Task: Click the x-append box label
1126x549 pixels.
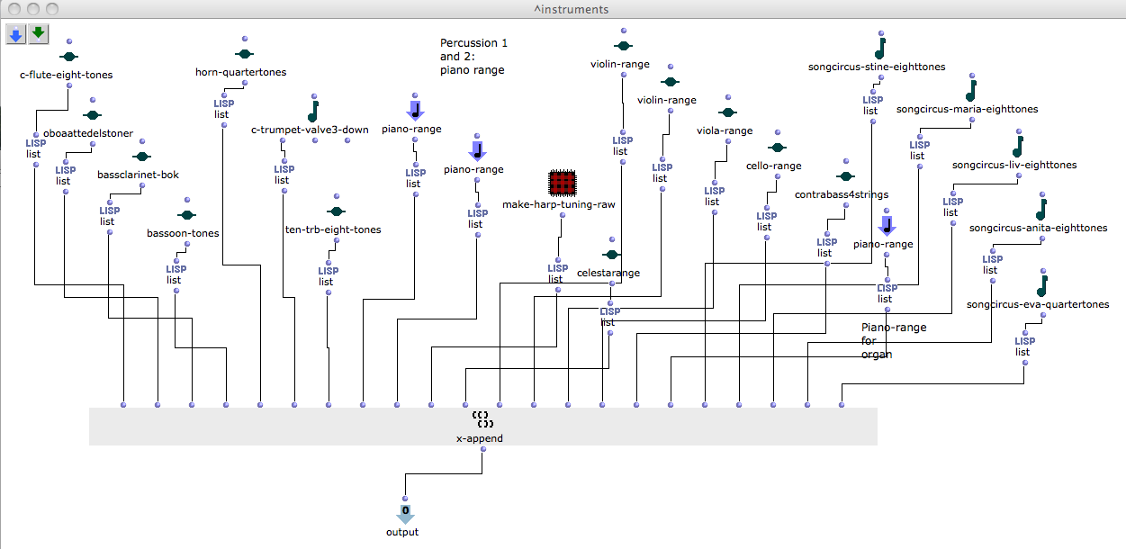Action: pyautogui.click(x=479, y=438)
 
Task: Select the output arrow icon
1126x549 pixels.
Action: pyautogui.click(x=405, y=515)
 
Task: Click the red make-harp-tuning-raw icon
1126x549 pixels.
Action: pyautogui.click(x=563, y=184)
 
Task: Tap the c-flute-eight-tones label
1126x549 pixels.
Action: pyautogui.click(x=67, y=75)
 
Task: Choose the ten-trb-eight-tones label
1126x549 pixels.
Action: pyautogui.click(x=333, y=229)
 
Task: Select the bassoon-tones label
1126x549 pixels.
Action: pyautogui.click(x=183, y=233)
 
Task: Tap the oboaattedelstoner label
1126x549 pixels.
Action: pyautogui.click(x=88, y=133)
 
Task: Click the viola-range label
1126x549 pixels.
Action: pyautogui.click(x=724, y=130)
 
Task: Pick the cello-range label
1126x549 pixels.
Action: pyautogui.click(x=773, y=166)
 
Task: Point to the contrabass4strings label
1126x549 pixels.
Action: pyautogui.click(x=842, y=194)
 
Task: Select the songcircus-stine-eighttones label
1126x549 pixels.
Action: pyautogui.click(x=877, y=67)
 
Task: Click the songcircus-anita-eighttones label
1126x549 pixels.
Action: pyautogui.click(x=1038, y=228)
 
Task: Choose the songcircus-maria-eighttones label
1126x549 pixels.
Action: pyautogui.click(x=967, y=109)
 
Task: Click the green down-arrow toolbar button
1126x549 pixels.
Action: pyautogui.click(x=38, y=34)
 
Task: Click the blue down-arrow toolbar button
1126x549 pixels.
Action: pyautogui.click(x=16, y=34)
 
